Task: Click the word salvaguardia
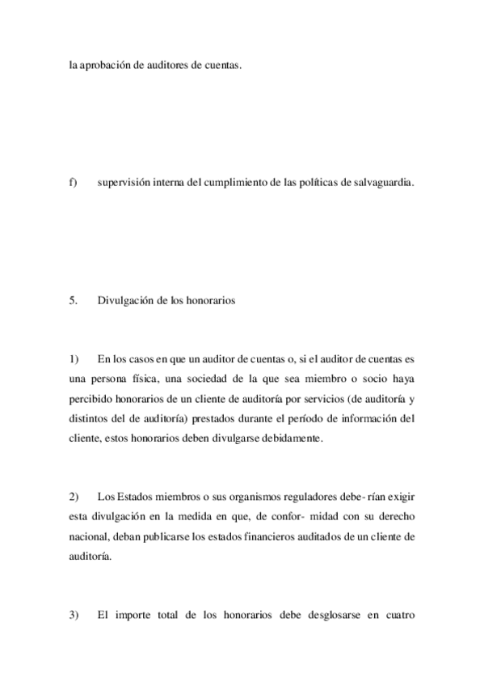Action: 383,183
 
